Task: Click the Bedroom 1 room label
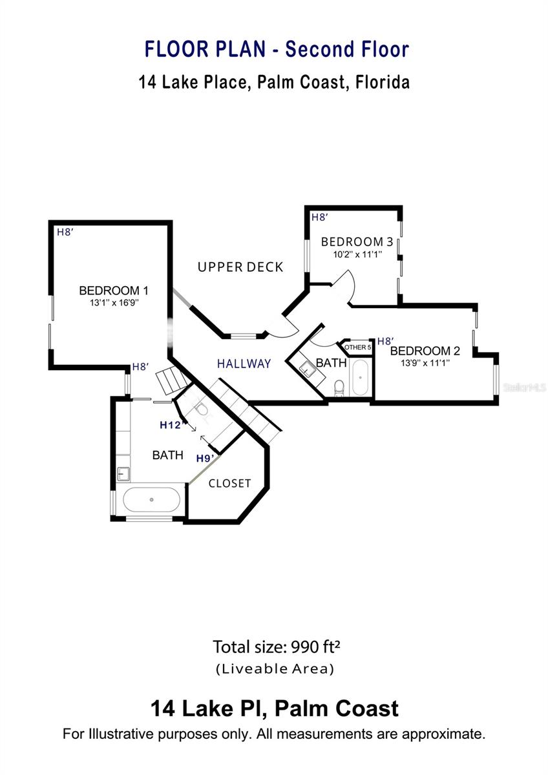click(x=114, y=291)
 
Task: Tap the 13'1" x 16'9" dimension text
click(x=114, y=303)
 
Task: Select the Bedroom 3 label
click(x=357, y=242)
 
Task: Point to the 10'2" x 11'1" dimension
click(x=357, y=254)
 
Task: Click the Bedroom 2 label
click(x=425, y=351)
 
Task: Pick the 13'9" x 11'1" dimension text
click(x=425, y=363)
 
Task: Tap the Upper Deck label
click(x=240, y=267)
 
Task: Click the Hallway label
click(x=244, y=364)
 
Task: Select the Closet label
click(x=229, y=483)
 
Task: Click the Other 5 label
click(x=357, y=347)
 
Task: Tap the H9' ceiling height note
click(x=205, y=459)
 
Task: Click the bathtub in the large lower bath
click(x=151, y=500)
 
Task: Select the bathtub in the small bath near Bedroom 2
click(x=360, y=377)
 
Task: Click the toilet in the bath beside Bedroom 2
click(x=339, y=388)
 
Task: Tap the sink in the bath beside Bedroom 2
click(x=307, y=368)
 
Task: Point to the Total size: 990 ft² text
click(x=276, y=647)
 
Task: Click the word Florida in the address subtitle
click(x=383, y=83)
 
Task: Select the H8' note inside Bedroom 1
click(x=65, y=232)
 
